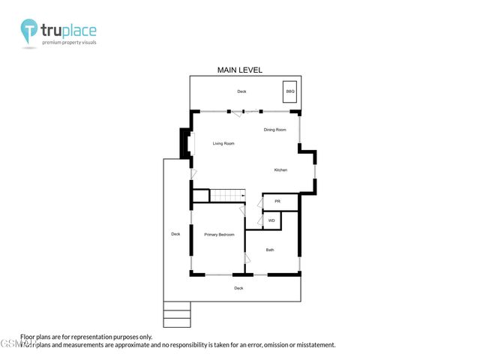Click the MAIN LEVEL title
coord(239,70)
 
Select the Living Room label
coord(223,143)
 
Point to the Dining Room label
coord(274,130)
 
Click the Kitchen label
coord(280,170)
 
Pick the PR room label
coord(277,202)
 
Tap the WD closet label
coord(271,220)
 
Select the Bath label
coord(270,250)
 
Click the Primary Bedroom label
coord(219,235)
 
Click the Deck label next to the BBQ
coord(241,91)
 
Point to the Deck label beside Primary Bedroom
coord(175,234)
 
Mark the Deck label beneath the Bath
coord(238,288)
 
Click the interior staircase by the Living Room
coord(227,196)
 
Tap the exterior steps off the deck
coord(177,314)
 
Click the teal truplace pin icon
coord(29,31)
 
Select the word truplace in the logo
coord(69,31)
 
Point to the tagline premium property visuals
coord(69,43)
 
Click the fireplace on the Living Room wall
coord(184,142)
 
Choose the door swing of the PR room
coord(259,203)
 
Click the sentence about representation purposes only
coord(86,337)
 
